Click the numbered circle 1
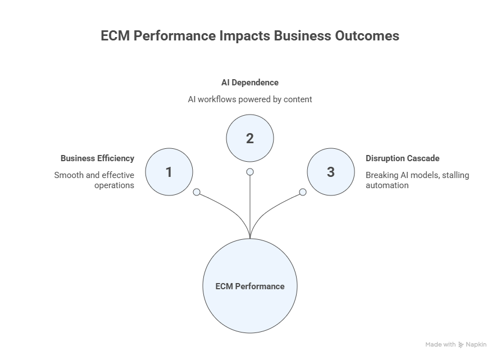[x=169, y=172]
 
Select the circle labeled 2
[x=250, y=138]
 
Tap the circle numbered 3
[x=330, y=172]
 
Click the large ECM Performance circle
[x=250, y=286]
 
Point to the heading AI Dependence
[x=250, y=82]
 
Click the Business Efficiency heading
[x=97, y=158]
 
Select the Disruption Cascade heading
[x=402, y=158]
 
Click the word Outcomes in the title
[x=366, y=36]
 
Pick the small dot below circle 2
[x=250, y=172]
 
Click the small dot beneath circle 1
[x=197, y=192]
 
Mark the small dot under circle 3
[x=303, y=192]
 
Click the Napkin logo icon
[x=461, y=345]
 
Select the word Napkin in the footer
[x=476, y=345]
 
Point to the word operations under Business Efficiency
[x=115, y=185]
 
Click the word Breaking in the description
[x=381, y=175]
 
